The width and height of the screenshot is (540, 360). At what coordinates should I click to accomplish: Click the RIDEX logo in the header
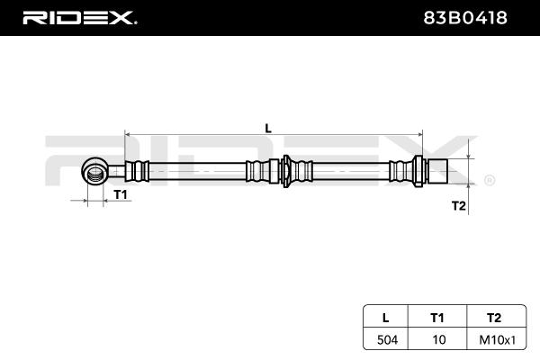click(x=78, y=16)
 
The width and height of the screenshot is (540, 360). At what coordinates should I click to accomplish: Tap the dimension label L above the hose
click(x=268, y=127)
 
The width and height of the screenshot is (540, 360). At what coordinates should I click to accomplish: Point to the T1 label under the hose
click(x=121, y=194)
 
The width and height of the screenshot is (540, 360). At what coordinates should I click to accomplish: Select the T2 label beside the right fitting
click(x=458, y=206)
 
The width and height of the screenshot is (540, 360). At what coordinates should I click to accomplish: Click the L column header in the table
click(x=385, y=317)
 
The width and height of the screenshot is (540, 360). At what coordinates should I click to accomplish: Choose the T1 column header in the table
click(x=437, y=317)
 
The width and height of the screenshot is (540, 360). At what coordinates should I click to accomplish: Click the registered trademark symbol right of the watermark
click(x=489, y=180)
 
